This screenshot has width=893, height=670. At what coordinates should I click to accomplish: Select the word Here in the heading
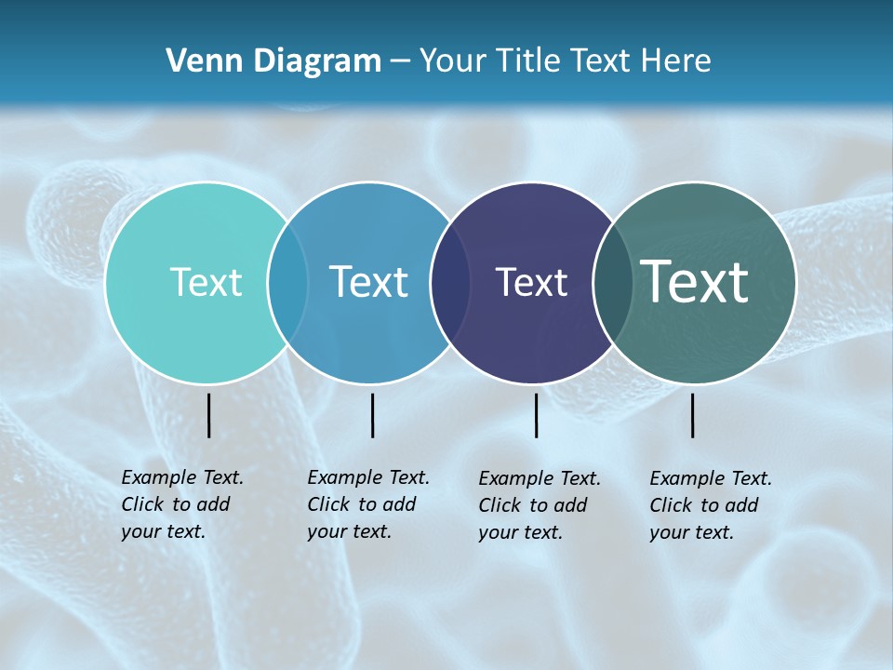click(674, 60)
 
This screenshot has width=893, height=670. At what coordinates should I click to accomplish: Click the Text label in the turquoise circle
click(206, 282)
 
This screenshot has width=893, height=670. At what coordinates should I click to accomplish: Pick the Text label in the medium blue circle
click(368, 282)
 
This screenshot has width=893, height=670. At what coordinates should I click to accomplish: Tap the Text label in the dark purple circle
click(531, 282)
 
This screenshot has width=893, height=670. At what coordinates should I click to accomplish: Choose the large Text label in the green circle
click(695, 281)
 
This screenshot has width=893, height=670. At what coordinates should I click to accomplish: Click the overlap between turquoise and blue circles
click(287, 282)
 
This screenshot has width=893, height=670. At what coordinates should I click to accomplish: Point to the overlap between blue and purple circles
click(450, 282)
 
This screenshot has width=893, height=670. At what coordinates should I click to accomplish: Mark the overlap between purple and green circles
click(613, 282)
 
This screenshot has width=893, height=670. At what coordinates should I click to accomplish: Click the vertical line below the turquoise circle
click(208, 415)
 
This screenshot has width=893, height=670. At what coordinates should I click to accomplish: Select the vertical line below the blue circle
click(372, 415)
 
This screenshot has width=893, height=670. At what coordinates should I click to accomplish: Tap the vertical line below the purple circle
click(536, 415)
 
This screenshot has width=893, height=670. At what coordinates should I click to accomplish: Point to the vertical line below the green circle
click(692, 415)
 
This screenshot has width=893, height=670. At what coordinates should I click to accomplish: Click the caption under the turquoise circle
click(182, 504)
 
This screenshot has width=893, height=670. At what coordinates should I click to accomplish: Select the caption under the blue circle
click(368, 504)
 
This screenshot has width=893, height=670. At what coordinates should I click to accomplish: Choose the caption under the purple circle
click(540, 505)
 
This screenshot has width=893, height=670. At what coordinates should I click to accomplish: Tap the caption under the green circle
click(711, 505)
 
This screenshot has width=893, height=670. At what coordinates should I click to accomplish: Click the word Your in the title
click(453, 60)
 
